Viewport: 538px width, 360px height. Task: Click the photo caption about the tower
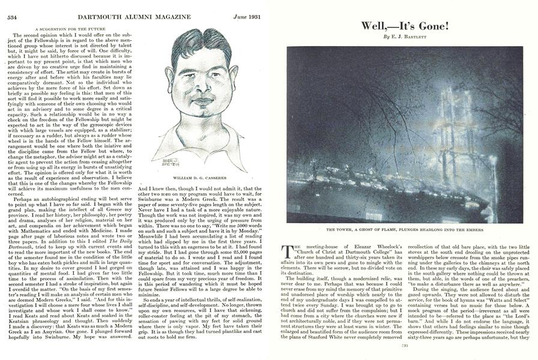tap(405, 229)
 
